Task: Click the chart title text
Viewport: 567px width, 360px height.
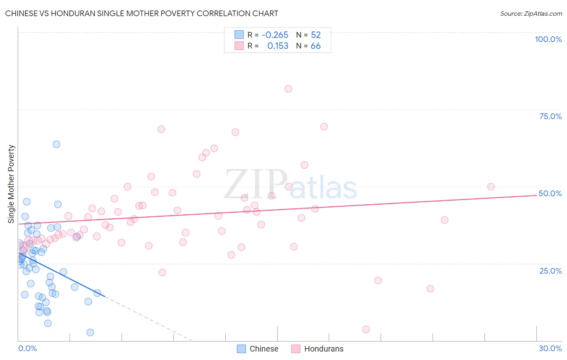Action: click(142, 13)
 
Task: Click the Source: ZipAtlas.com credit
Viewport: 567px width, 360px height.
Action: click(531, 14)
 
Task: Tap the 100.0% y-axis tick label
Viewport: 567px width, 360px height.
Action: click(548, 39)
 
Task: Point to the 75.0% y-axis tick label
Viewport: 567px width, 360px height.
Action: click(550, 116)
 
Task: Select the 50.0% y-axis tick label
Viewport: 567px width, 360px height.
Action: click(550, 193)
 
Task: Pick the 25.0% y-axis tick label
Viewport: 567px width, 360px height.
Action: click(550, 271)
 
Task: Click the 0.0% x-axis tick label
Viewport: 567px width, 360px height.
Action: click(27, 348)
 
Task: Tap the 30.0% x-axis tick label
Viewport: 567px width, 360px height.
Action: click(550, 348)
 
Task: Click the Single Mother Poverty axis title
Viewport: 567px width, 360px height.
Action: click(11, 184)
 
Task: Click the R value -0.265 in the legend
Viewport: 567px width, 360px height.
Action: click(275, 35)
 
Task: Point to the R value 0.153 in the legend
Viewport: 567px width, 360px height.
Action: click(277, 46)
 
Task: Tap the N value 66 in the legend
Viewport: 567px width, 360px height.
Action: click(315, 46)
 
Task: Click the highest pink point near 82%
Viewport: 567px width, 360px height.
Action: click(288, 89)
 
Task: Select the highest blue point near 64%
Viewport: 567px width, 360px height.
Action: click(56, 144)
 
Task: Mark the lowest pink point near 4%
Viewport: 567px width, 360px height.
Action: click(366, 329)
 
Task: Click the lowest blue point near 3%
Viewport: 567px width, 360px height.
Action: click(90, 332)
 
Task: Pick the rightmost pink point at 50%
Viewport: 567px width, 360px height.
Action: click(491, 186)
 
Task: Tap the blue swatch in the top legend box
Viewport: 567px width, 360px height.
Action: click(239, 35)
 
